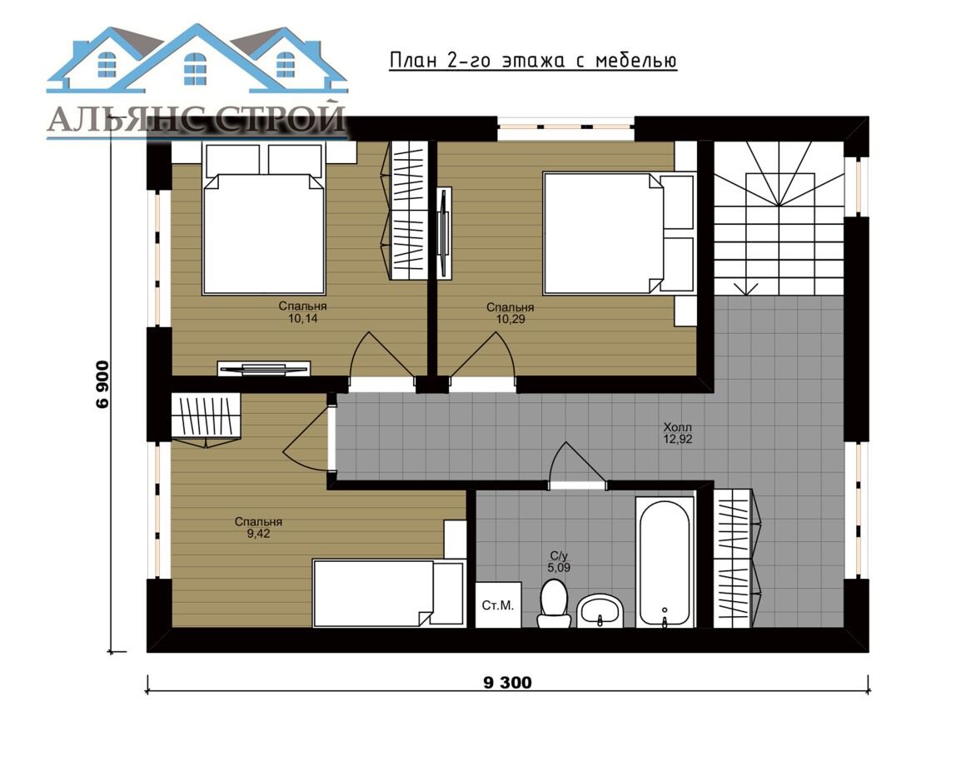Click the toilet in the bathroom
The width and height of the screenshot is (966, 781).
tap(554, 603)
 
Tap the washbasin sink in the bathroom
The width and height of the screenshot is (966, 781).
tap(600, 610)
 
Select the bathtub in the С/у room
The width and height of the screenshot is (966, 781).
tap(665, 562)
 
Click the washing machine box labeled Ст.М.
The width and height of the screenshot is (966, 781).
tap(498, 604)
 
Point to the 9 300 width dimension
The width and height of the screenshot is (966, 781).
tap(508, 683)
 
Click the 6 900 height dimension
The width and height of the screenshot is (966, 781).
tap(102, 384)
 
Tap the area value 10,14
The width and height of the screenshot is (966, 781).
tap(302, 318)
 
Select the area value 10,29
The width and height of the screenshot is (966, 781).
tap(510, 319)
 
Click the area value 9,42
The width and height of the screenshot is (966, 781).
tap(259, 534)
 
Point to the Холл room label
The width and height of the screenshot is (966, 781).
tap(678, 427)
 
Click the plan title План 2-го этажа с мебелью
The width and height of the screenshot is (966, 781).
tap(533, 60)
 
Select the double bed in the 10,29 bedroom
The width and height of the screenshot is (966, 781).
tap(619, 233)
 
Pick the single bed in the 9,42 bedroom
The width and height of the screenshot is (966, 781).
tap(389, 593)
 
